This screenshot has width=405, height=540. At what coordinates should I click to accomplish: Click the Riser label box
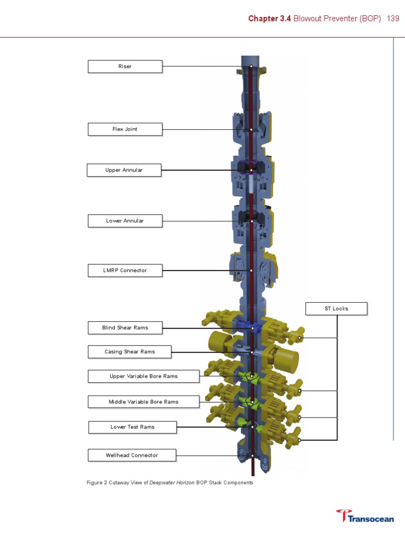(125, 66)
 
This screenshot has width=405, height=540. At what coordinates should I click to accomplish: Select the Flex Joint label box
(125, 129)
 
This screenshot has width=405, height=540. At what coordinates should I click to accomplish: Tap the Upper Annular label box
(124, 170)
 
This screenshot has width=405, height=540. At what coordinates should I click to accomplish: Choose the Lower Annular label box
(125, 221)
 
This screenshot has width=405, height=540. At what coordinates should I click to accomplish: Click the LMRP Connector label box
(125, 271)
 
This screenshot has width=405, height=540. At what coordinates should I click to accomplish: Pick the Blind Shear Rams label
(125, 328)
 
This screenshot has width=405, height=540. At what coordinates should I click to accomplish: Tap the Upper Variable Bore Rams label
(143, 377)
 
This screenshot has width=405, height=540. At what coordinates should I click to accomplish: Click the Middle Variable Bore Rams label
(143, 402)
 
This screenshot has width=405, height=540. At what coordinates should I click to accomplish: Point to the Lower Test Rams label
(132, 427)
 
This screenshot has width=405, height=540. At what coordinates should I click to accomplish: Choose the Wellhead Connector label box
(131, 455)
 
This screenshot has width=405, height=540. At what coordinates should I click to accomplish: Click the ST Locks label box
(336, 308)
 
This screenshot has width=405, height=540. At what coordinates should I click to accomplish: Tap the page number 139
(393, 18)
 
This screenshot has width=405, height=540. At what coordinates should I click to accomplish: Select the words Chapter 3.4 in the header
(269, 18)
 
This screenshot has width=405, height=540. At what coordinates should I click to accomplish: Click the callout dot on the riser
(252, 66)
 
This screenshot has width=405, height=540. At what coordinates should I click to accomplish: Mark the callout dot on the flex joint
(252, 129)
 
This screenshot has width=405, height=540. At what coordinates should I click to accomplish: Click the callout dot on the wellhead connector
(252, 455)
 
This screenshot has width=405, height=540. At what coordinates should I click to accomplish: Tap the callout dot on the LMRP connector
(252, 271)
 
